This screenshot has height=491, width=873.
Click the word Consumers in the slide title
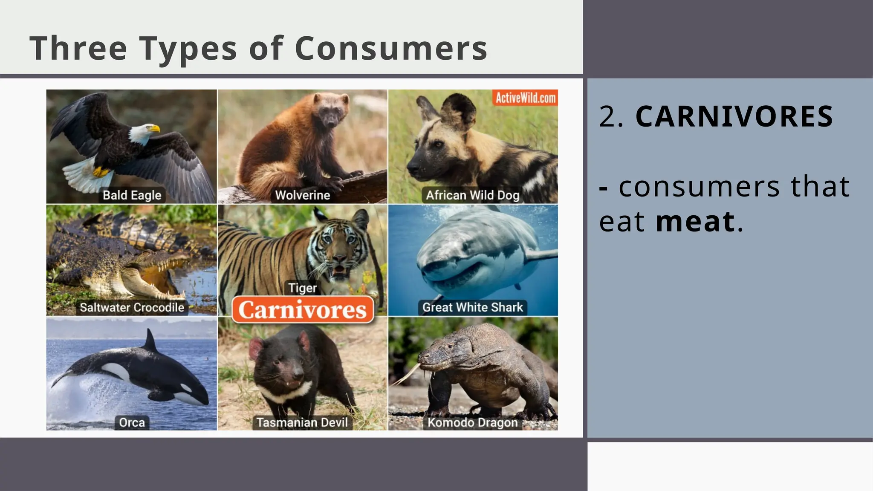[x=391, y=48]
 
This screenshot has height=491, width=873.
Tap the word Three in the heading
[x=78, y=48]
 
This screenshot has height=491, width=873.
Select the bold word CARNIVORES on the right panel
[x=734, y=116]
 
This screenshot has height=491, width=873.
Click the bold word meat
[x=695, y=221]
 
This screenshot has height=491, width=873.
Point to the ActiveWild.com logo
[x=525, y=98]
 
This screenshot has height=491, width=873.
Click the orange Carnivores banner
[x=303, y=310]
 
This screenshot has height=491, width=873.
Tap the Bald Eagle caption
[x=132, y=195]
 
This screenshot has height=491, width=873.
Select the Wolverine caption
[x=303, y=195]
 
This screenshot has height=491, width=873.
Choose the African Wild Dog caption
[x=473, y=195]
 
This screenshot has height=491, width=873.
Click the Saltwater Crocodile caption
[x=132, y=307]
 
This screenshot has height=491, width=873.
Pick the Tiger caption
[x=303, y=288]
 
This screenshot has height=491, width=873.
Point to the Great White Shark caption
[x=473, y=307]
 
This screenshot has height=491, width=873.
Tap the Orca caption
[x=132, y=422]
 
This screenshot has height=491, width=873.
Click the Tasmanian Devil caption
[x=302, y=422]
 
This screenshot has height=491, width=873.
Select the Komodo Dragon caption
[x=473, y=422]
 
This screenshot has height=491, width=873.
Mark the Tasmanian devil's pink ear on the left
[x=256, y=347]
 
